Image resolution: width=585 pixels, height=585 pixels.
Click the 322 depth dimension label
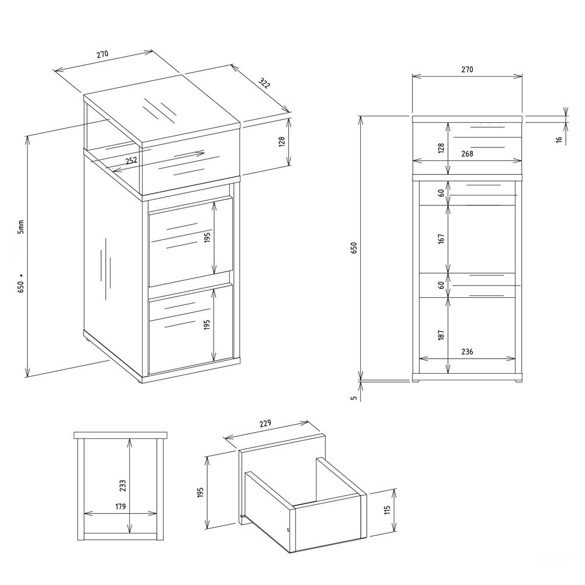264,83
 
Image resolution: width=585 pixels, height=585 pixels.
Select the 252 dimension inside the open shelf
131,161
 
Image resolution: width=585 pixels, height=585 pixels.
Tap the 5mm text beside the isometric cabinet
21,226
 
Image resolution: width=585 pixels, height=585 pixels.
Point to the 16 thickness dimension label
559,140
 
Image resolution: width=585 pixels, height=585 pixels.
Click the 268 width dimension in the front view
467,154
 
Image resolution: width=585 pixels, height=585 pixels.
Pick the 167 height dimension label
441,239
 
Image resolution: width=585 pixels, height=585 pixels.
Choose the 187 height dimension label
441,335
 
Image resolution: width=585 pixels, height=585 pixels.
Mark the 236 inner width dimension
467,352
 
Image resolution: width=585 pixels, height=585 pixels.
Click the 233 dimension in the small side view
123,486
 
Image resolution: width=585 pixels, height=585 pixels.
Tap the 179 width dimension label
120,506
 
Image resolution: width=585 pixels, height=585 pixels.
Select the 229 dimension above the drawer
264,424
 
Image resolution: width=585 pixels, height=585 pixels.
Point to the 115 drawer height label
387,510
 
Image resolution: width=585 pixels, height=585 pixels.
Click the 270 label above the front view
467,70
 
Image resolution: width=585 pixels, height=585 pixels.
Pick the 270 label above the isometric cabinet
102,54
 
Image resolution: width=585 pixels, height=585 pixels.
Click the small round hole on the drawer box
287,530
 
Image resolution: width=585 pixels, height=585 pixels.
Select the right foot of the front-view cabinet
518,381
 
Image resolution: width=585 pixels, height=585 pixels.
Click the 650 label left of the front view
354,248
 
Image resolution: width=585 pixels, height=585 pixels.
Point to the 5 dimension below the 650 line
354,398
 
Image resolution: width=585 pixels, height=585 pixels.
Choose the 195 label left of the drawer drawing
200,492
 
